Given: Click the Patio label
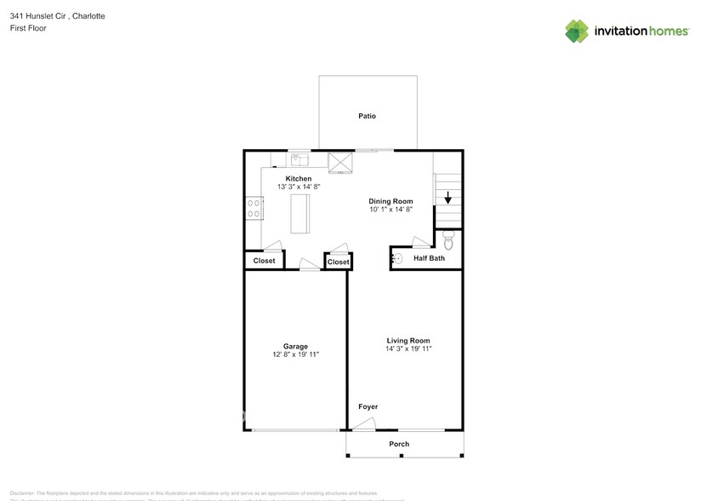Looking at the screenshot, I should (x=367, y=116).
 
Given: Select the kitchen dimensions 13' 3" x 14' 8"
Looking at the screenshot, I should (x=298, y=187).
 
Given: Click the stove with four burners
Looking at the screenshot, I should (x=254, y=209).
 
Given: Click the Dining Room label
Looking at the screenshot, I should (x=391, y=201).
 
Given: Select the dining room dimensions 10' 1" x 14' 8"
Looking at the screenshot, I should (x=391, y=210).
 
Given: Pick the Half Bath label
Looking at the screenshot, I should (x=429, y=258).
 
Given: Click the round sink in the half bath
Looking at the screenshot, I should (x=396, y=258).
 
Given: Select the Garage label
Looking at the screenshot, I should (x=295, y=346).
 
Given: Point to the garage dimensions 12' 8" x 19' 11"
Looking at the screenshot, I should (x=295, y=354).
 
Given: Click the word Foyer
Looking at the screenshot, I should (x=368, y=406).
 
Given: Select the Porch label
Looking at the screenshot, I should (x=399, y=444).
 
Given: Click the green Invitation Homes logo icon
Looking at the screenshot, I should (x=577, y=31).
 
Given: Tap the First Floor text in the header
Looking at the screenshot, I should (x=28, y=28).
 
